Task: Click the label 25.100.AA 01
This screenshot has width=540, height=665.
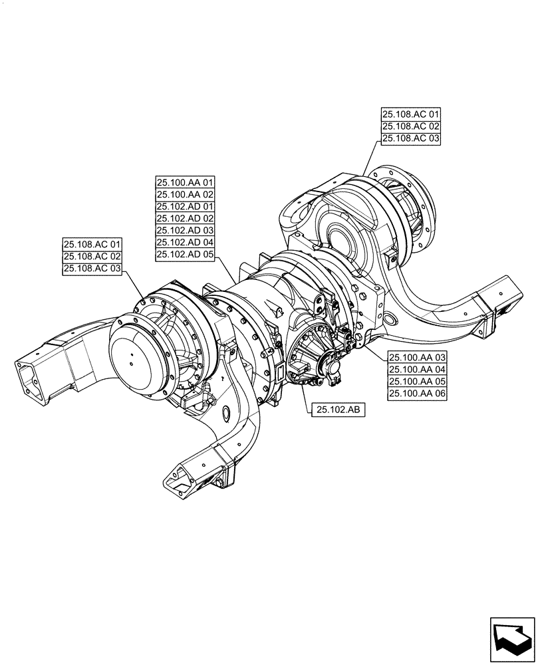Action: pos(185,182)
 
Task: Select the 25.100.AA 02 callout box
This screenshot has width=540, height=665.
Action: pos(185,194)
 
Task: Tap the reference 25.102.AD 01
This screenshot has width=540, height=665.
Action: pos(185,207)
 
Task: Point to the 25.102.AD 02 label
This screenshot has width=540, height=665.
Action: pos(185,219)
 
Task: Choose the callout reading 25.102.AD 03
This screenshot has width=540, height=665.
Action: pos(185,231)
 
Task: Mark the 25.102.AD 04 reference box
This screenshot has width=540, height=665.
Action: pos(185,243)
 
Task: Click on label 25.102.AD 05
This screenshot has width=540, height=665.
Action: pos(185,255)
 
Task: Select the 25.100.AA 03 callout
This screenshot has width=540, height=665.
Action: pos(417,358)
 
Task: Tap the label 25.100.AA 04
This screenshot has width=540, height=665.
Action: pos(417,370)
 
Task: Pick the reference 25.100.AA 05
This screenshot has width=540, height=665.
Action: pos(417,382)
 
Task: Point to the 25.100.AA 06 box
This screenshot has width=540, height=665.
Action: pos(417,394)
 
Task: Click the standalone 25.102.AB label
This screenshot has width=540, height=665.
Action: pos(336,410)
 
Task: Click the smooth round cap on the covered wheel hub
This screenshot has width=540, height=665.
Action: pos(132,359)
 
